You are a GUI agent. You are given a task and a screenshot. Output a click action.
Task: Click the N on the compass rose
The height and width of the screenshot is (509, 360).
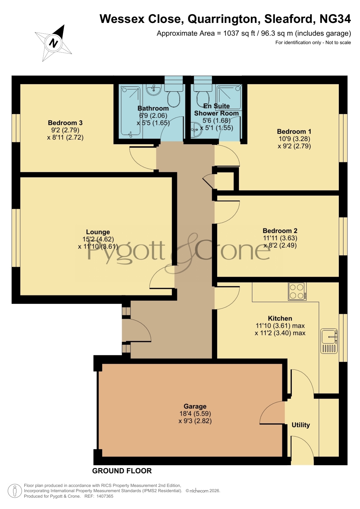click(x=53, y=43)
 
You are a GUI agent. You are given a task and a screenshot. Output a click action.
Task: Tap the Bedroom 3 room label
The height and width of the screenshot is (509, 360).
click(x=65, y=123)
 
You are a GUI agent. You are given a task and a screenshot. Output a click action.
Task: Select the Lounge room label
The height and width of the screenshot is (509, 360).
click(x=98, y=232)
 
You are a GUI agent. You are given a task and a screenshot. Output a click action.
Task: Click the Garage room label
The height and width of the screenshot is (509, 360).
click(x=195, y=406)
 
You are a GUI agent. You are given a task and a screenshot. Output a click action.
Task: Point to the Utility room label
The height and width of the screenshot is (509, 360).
click(x=301, y=425)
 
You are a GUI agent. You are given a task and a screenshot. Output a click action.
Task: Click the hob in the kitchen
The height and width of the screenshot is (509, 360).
click(x=297, y=291)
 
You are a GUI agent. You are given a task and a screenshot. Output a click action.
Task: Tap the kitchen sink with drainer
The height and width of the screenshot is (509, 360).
click(x=329, y=341)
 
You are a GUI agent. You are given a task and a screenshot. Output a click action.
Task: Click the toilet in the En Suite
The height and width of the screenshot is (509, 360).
click(x=203, y=96)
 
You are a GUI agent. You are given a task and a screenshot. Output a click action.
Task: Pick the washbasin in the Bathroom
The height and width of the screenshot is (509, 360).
click(x=153, y=90)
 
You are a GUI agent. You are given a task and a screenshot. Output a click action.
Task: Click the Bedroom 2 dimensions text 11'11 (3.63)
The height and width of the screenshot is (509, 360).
click(x=280, y=238)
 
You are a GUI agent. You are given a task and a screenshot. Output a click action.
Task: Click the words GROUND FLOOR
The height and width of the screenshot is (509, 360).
click(x=122, y=471)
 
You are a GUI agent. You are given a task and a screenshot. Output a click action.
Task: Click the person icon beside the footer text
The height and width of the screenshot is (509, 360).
click(x=15, y=491)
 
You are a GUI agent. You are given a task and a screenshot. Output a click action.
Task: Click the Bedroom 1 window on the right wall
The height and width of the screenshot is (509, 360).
click(x=343, y=138)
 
